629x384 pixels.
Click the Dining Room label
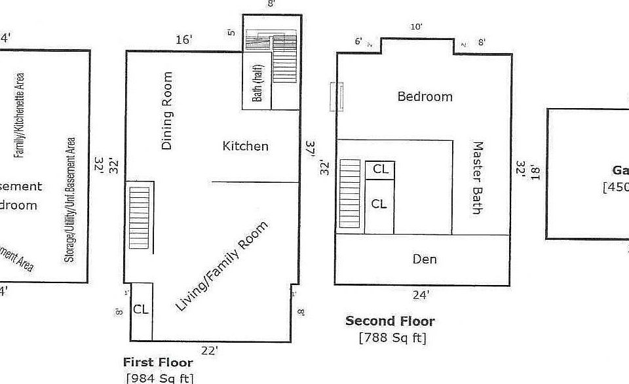click(x=168, y=111)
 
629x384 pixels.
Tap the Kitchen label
click(x=246, y=145)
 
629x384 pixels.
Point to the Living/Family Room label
click(x=222, y=266)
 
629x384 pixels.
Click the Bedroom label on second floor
click(x=425, y=96)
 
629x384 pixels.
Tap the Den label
click(x=425, y=259)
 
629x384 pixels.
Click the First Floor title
click(x=158, y=362)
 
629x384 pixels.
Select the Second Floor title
click(x=390, y=320)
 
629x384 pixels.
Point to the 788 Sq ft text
click(x=392, y=338)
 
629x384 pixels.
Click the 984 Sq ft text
click(x=160, y=377)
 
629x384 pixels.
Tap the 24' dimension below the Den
click(x=421, y=295)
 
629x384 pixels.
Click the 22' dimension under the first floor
click(x=210, y=351)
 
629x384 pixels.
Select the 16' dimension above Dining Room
click(x=184, y=40)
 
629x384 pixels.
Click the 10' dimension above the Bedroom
click(x=416, y=27)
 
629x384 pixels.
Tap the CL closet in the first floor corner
click(x=141, y=309)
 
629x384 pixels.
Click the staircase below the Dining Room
click(x=140, y=218)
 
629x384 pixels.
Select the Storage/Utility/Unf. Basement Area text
click(x=69, y=199)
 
